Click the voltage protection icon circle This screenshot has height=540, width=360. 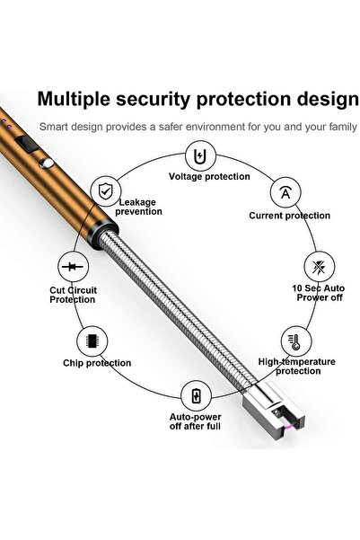click(200, 156)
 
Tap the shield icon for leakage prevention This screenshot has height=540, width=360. click(106, 190)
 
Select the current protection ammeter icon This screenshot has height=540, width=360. click(285, 193)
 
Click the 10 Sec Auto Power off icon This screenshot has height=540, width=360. click(320, 267)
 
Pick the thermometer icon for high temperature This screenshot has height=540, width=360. click(295, 341)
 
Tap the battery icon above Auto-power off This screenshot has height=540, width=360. click(197, 395)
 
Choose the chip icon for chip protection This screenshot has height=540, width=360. click(92, 341)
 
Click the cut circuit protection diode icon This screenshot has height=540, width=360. click(73, 267)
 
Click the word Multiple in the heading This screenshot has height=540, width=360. click(74, 100)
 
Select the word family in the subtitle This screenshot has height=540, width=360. click(343, 127)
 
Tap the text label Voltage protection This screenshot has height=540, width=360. click(209, 177)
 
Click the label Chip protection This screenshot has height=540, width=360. click(97, 363)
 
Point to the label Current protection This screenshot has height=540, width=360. click(289, 216)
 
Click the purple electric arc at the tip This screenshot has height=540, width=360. click(288, 428)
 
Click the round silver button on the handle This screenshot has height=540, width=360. click(46, 164)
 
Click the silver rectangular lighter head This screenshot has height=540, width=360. click(274, 411)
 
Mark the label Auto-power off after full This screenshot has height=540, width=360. click(195, 421)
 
